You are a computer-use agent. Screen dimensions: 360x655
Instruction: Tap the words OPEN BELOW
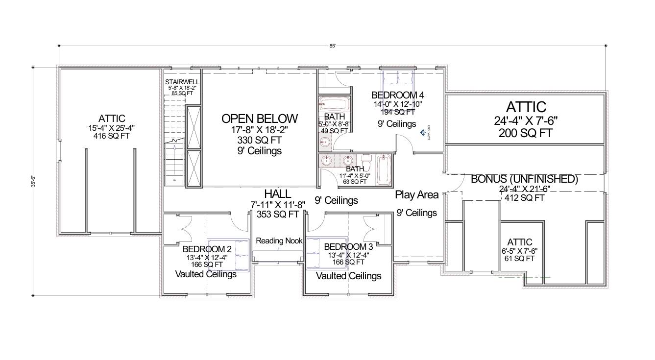click(260, 119)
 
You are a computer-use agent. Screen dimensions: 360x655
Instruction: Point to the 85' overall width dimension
click(333, 46)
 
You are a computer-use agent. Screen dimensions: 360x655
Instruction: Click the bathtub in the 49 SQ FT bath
click(336, 104)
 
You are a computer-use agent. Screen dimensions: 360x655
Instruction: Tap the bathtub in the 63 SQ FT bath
click(385, 170)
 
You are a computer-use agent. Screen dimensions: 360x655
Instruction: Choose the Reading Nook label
click(279, 241)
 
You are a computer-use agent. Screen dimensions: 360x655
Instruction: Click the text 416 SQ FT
click(111, 136)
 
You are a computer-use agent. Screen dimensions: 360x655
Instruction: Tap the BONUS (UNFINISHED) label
click(524, 179)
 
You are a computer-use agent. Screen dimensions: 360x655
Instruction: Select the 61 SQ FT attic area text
click(520, 259)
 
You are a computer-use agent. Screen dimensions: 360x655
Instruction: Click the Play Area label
click(417, 195)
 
